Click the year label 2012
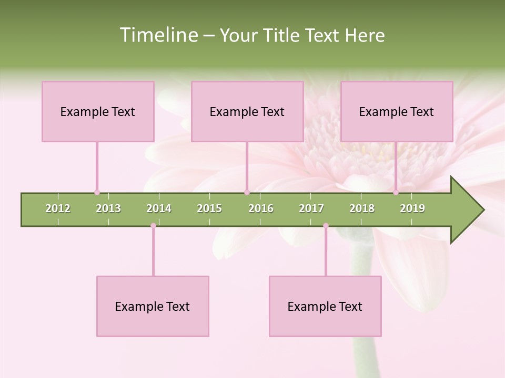(x=58, y=208)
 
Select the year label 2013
(x=108, y=208)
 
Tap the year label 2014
(x=159, y=208)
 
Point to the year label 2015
(x=209, y=208)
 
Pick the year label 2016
(x=261, y=208)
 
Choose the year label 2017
(x=311, y=208)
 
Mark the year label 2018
(x=362, y=208)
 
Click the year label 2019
(x=412, y=208)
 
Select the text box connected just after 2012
(x=98, y=111)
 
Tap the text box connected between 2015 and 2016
(x=247, y=111)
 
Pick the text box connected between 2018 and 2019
(x=397, y=111)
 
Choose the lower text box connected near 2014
(x=153, y=306)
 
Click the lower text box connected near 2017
(x=325, y=306)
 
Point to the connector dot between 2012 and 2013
(x=97, y=192)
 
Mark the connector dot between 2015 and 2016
(x=247, y=192)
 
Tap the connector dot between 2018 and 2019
(x=396, y=192)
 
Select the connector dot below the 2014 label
(x=153, y=226)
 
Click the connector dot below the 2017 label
(x=326, y=226)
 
